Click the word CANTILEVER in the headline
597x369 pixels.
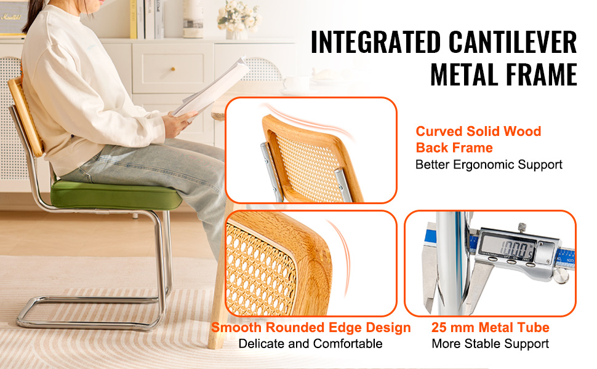(513, 42)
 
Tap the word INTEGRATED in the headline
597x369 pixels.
(376, 42)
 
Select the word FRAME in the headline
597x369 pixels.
(537, 74)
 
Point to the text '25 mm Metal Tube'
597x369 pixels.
(491, 327)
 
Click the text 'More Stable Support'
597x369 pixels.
(491, 344)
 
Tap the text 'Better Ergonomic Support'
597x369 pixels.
(489, 165)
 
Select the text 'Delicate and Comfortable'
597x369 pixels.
(310, 344)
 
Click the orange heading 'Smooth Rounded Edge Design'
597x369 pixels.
(311, 327)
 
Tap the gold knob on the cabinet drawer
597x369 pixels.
(173, 69)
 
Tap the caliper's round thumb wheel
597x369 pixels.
(561, 275)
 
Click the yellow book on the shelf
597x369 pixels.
(134, 19)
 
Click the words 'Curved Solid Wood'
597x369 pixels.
(478, 131)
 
